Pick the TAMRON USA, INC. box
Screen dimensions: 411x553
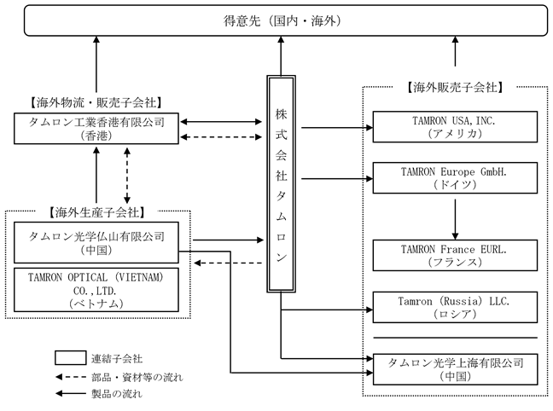coord(454,128)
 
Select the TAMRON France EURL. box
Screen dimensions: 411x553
coord(454,255)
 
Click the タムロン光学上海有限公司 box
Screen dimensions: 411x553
coord(454,368)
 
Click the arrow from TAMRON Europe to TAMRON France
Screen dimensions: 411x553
coord(454,217)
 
